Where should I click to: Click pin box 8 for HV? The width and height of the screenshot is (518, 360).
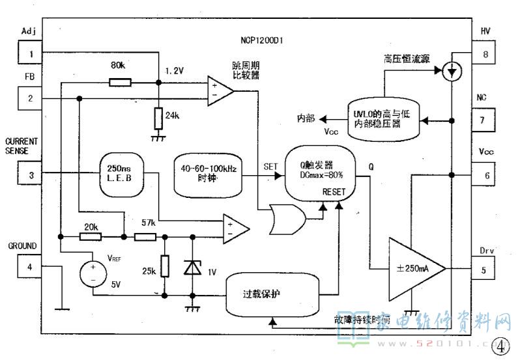(x=485, y=53)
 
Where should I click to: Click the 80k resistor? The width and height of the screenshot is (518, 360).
(x=120, y=83)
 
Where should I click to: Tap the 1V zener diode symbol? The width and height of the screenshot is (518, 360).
(x=193, y=267)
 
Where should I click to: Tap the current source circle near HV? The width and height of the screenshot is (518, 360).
(x=450, y=71)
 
